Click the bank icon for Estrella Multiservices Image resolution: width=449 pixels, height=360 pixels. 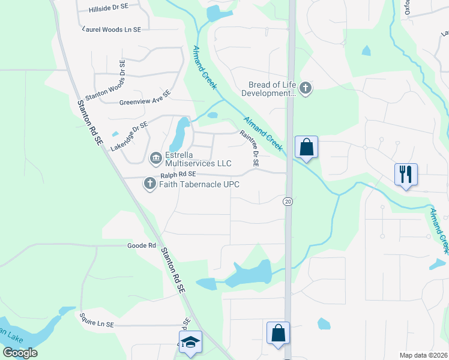point(155,158)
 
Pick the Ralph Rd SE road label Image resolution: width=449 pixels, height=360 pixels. point(179,175)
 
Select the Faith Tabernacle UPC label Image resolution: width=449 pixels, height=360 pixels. point(199,184)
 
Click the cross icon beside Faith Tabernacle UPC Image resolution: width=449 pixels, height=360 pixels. point(149,184)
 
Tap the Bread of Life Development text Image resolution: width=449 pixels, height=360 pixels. point(269,89)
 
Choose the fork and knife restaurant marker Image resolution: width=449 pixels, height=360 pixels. point(406,174)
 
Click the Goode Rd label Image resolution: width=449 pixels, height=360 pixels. point(142,246)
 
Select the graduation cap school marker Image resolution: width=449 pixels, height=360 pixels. point(191,341)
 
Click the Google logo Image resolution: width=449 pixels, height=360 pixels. point(20,353)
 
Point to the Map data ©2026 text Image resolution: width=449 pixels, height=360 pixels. point(423,355)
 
